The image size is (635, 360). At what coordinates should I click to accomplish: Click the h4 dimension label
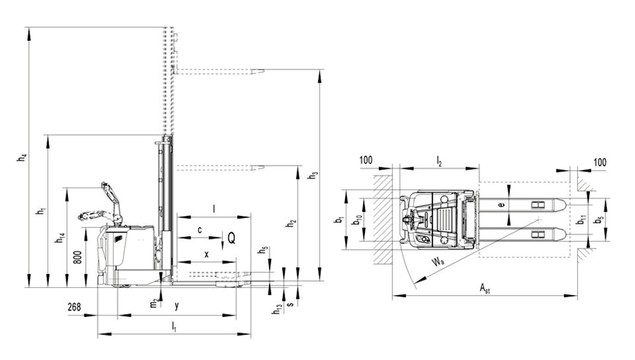(20, 159)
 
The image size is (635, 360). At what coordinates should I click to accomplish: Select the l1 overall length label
(174, 325)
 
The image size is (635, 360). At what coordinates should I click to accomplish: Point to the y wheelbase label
(176, 306)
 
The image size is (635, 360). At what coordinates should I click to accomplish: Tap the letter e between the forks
(501, 204)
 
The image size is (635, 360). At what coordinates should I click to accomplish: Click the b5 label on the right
(598, 220)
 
